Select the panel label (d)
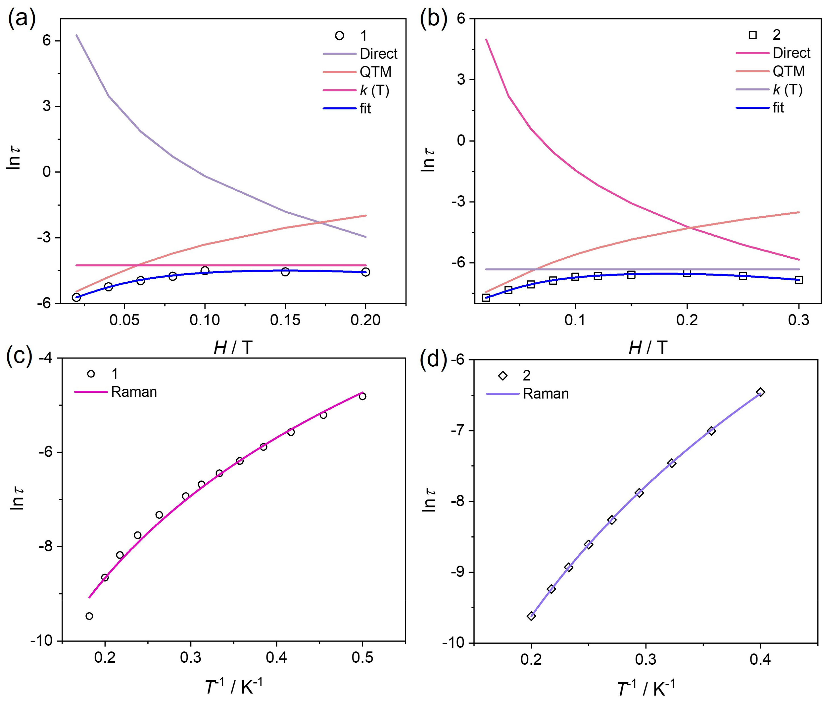coord(433,359)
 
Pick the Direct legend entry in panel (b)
coord(791,53)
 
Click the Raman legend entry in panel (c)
coord(133,392)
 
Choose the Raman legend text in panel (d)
coord(546,394)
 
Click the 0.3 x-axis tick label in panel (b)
coord(798,320)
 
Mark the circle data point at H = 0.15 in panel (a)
coord(285,272)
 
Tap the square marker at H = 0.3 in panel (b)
coord(799,280)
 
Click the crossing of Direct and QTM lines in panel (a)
coord(320,223)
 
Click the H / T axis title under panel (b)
coord(648,348)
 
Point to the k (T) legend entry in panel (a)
coord(374,90)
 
